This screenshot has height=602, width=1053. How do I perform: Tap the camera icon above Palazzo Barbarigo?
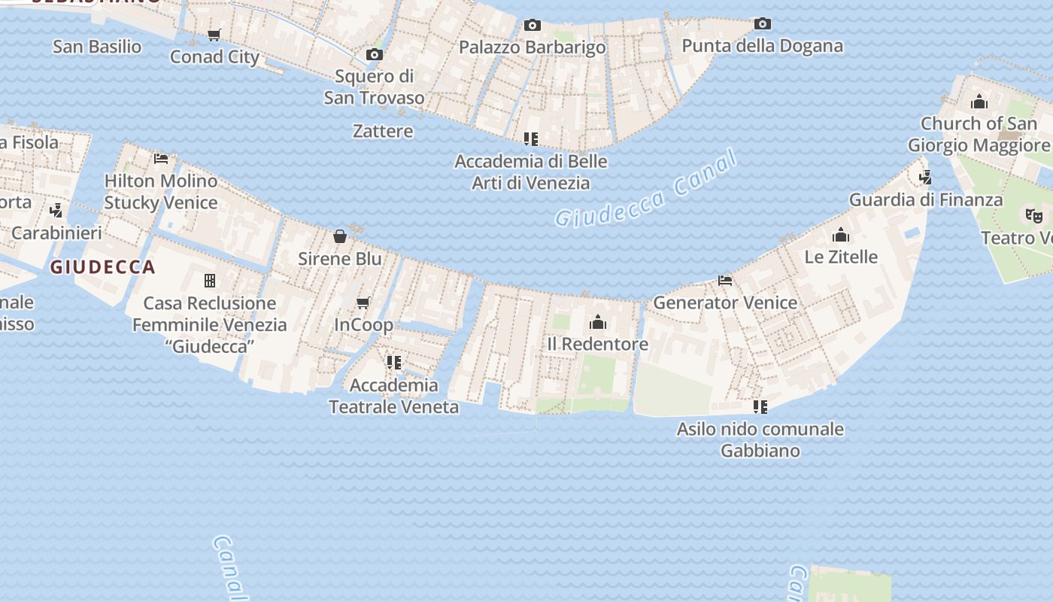[x=533, y=26]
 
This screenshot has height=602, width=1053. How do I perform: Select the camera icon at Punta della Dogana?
[x=763, y=24]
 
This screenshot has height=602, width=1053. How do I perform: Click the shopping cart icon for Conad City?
[x=214, y=35]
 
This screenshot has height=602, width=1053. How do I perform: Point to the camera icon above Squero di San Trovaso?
[x=374, y=54]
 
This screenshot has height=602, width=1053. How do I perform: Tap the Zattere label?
[x=383, y=131]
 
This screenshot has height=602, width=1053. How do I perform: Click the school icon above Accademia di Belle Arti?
[x=531, y=138]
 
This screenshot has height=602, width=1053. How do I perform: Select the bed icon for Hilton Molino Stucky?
[x=161, y=158]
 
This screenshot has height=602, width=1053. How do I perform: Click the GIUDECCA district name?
[x=102, y=267]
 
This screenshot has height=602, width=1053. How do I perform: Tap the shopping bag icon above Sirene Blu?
[x=340, y=236]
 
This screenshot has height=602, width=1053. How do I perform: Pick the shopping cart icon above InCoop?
[x=363, y=303]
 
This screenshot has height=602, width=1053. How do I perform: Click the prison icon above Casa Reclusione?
[x=210, y=281]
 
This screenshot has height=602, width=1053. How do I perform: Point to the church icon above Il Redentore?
[x=598, y=322]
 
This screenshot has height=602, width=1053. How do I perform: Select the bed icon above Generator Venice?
[x=725, y=281]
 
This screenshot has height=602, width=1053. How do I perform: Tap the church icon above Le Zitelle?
[x=841, y=235]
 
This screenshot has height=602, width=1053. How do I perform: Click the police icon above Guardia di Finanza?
[x=925, y=178]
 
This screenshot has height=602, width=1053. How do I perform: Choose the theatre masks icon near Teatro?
[x=1035, y=216]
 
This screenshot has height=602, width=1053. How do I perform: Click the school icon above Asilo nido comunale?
[x=760, y=407]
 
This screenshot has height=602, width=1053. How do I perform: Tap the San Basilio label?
[x=97, y=47]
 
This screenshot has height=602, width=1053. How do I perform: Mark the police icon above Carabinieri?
[x=56, y=210]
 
